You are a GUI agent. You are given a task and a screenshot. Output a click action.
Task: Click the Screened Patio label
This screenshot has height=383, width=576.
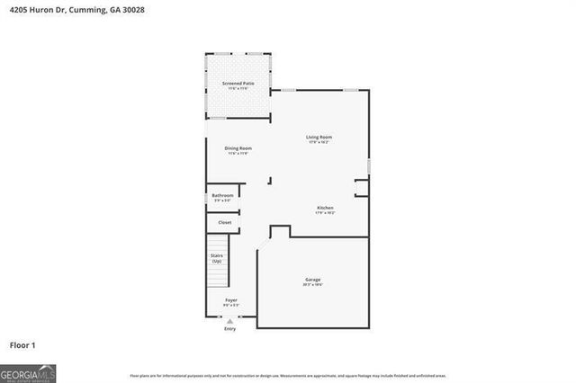(x=238, y=84)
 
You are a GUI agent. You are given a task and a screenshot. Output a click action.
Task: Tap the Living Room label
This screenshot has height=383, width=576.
(x=319, y=137)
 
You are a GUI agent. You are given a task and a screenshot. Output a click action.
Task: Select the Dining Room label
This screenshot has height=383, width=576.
(x=238, y=147)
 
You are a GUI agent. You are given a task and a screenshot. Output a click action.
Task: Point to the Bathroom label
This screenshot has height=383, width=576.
(x=222, y=195)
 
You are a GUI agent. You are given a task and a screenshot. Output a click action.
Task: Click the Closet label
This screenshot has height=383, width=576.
(x=224, y=222)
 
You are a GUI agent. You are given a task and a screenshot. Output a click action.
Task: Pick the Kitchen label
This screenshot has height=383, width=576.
(x=325, y=208)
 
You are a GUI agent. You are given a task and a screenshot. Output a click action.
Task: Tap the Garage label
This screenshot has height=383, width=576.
(x=312, y=280)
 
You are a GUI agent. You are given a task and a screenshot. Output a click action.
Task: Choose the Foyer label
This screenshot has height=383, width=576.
(x=231, y=300)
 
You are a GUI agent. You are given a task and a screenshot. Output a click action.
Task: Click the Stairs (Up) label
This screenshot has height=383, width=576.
(x=217, y=258)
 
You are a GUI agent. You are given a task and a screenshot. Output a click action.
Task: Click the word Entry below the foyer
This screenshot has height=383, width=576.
(x=230, y=329)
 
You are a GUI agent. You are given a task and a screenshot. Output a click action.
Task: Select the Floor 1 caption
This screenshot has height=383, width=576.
(x=22, y=344)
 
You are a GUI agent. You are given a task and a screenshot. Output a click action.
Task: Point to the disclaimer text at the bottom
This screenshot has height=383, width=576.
(x=287, y=375)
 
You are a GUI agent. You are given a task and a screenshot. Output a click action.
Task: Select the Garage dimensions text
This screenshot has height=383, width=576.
(x=312, y=285)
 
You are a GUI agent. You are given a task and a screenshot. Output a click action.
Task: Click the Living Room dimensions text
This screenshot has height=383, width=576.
(x=319, y=142)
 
